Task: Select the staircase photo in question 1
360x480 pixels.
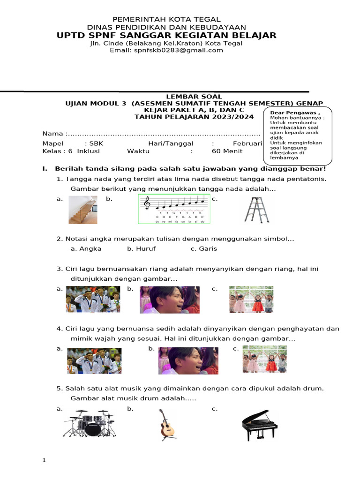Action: tap(83, 210)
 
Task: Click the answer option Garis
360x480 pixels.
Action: tap(208, 249)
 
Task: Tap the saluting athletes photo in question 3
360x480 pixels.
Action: tap(93, 300)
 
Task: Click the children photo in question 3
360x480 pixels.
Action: tap(251, 300)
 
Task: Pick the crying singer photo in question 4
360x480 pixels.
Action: tap(188, 361)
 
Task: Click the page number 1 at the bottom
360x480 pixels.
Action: tap(44, 460)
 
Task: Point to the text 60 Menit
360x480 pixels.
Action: tap(227, 151)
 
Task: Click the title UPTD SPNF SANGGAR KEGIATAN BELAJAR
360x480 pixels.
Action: tap(166, 36)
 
